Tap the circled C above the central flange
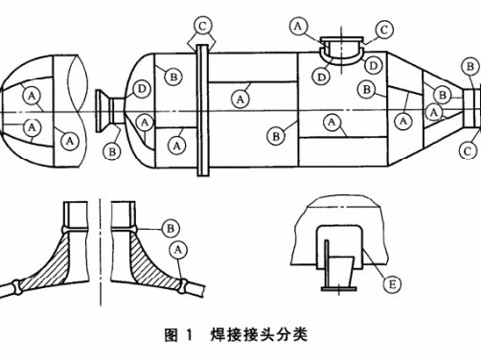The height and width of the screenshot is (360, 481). [x=203, y=22]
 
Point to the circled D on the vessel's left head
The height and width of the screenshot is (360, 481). [x=143, y=89]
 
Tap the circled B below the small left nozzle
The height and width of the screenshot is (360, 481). [x=113, y=150]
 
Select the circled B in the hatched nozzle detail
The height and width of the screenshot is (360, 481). [x=170, y=228]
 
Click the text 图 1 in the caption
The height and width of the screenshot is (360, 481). [x=179, y=335]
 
